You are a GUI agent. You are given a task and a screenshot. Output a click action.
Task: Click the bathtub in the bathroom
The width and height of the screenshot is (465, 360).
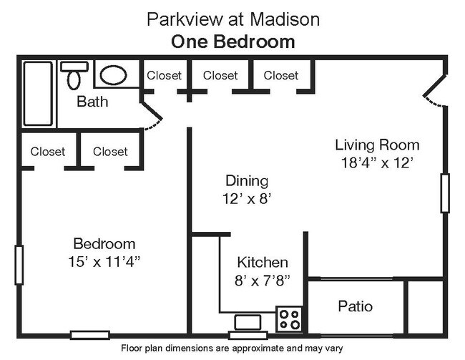38,93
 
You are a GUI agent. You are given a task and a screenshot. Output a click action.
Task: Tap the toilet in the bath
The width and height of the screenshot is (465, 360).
74,75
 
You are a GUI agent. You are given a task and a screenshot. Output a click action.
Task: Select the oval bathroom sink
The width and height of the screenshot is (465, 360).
112,74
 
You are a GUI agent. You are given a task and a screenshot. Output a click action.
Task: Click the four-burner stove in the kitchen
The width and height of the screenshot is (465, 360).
290,318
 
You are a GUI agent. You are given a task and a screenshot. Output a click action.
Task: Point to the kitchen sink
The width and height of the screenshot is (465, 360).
248,323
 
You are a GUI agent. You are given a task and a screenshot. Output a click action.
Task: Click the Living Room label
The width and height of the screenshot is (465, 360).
377,145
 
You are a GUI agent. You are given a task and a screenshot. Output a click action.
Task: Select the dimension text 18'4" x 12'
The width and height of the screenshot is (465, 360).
377,162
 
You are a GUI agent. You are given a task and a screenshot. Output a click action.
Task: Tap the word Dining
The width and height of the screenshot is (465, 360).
247,180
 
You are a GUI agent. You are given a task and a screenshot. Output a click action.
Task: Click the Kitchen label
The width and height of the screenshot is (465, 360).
263,263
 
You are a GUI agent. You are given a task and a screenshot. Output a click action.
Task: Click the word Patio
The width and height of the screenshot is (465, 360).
355,306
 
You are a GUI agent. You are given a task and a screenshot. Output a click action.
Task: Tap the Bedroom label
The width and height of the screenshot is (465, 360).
104,243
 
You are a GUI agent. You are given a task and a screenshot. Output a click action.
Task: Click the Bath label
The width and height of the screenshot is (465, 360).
92,102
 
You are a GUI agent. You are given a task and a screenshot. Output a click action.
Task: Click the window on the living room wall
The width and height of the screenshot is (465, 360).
445,193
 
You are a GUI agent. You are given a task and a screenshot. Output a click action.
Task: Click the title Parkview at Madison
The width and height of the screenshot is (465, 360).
232,19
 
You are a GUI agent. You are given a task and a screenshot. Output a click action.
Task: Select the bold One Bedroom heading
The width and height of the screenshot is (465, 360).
232,42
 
